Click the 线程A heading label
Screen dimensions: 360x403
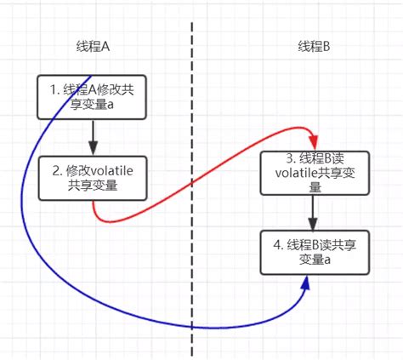(92, 46)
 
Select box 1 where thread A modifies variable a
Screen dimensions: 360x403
(92, 96)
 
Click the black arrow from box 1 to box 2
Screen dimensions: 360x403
(92, 136)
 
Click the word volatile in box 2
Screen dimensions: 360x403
(113, 169)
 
